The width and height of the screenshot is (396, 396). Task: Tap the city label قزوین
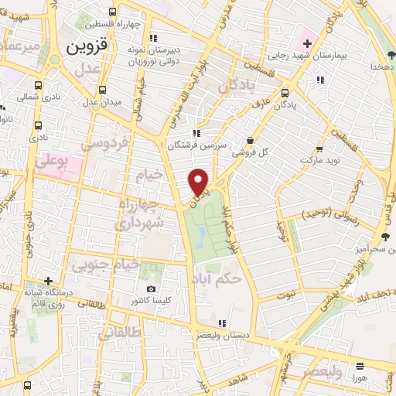(86, 46)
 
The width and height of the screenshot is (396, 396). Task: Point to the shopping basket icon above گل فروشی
(250, 139)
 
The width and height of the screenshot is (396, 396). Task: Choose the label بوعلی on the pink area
(53, 162)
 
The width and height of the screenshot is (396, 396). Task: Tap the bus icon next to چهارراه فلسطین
(113, 12)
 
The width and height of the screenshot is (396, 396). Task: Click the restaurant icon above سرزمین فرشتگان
(200, 132)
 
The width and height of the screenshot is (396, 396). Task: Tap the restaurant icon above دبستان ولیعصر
(222, 323)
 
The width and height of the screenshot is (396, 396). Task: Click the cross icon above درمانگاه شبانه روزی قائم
(49, 281)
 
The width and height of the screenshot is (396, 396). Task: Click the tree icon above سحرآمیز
(384, 235)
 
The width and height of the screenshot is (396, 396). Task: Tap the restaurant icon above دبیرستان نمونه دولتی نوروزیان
(153, 36)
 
